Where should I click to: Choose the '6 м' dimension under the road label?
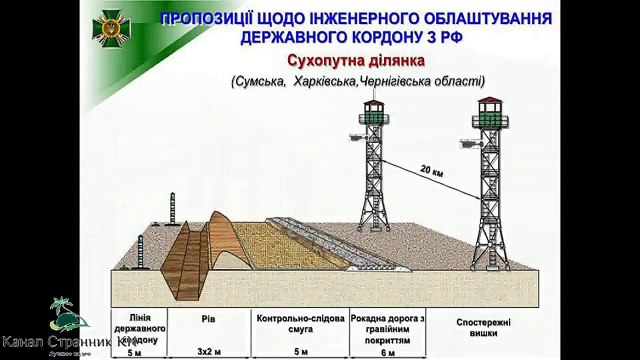pos(390,352)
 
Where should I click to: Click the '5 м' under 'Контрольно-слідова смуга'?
pos(298,352)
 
